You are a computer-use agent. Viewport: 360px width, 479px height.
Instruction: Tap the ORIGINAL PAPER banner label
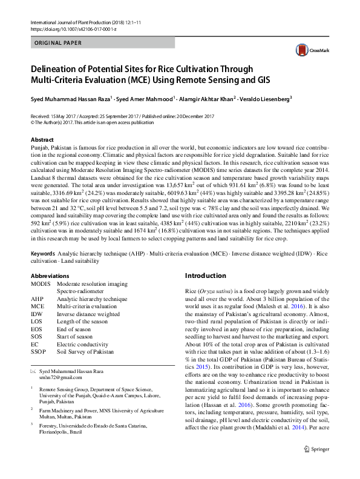pos(58,44)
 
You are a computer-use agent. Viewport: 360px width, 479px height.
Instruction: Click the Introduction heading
pos(209,276)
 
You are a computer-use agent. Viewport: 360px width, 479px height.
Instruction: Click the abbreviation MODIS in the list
pos(41,283)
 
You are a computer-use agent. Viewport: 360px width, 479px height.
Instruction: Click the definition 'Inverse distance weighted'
pos(88,314)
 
